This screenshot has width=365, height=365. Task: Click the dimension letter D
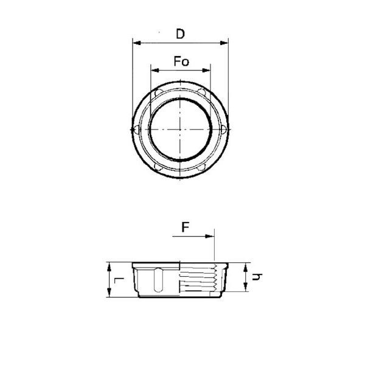coord(181,34)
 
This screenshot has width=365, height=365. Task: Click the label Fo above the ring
coord(181,61)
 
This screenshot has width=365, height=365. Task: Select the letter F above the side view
coord(186,227)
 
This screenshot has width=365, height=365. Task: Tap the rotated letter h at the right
coord(257,277)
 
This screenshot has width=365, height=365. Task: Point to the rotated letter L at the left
coord(119,280)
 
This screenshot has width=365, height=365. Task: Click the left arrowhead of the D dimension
coord(137,43)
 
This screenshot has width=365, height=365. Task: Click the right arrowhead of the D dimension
coord(224,43)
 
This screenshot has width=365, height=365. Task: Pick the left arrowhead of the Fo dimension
coord(155,71)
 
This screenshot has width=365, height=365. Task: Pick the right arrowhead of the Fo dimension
coord(206,71)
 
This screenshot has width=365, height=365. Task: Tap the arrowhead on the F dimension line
coord(210,237)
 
